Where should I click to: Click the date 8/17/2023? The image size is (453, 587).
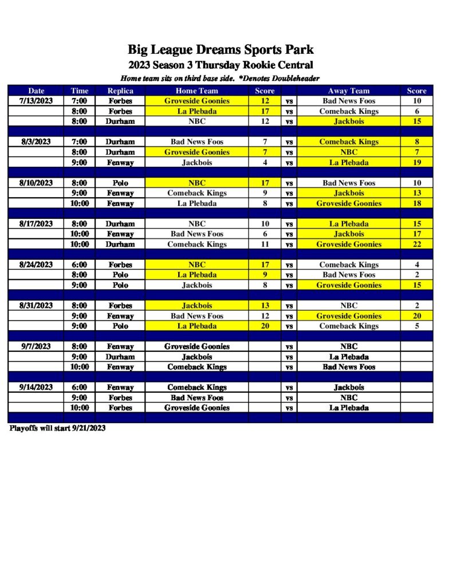tap(36, 224)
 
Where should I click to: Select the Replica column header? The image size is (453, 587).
tap(120, 91)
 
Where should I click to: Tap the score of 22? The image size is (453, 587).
tap(416, 244)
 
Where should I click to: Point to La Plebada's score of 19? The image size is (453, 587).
tap(416, 162)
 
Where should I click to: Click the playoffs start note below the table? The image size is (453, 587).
tap(57, 428)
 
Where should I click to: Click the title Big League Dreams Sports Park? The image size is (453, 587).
tap(220, 50)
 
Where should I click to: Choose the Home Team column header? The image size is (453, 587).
tap(196, 91)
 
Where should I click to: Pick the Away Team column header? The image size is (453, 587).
tap(348, 91)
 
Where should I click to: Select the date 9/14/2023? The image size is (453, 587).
tap(36, 388)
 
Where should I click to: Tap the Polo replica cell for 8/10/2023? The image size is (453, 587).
tap(120, 183)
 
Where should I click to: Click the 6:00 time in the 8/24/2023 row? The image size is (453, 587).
tap(80, 265)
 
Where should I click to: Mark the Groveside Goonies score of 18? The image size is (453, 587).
tap(416, 204)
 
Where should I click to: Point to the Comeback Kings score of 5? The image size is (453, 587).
tap(416, 326)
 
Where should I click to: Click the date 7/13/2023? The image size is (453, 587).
tap(36, 101)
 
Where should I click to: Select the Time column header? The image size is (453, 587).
tap(80, 91)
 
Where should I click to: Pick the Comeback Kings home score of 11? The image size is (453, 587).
tap(265, 244)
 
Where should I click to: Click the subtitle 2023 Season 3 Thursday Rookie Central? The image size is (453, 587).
tap(220, 65)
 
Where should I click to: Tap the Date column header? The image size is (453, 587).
tap(36, 91)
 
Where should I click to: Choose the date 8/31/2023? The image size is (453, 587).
tap(36, 306)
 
